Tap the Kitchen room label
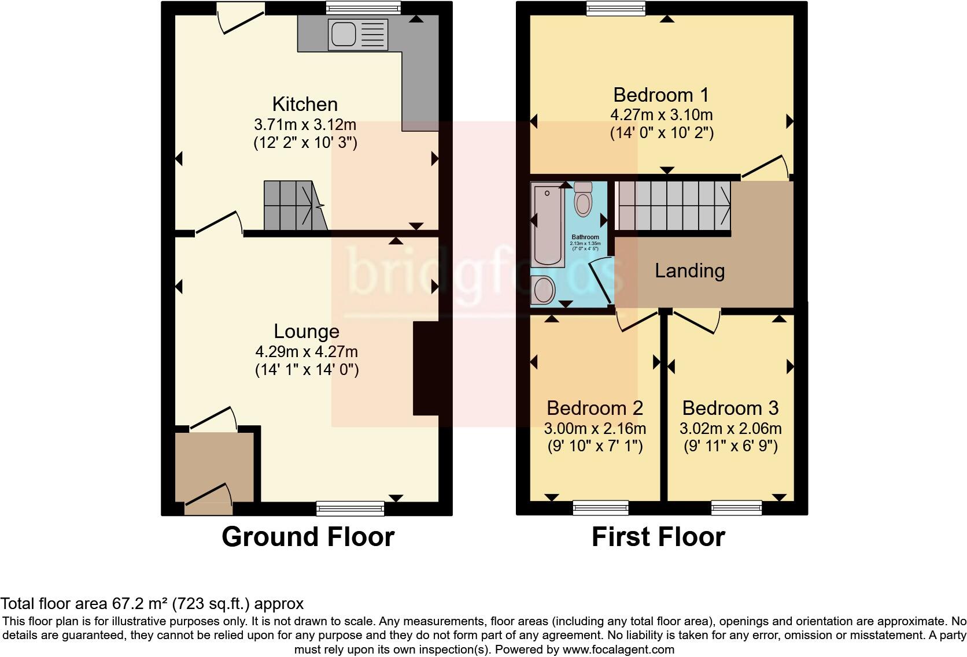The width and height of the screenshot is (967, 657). coord(305,105)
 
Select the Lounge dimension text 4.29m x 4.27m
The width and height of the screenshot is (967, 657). coord(307,351)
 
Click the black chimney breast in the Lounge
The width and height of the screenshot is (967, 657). coord(425,368)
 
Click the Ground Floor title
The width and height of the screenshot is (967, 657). coord(308,537)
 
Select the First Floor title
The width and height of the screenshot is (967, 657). coord(658,537)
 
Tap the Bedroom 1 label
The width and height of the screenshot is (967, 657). coord(661,95)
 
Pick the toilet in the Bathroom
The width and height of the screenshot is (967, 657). coord(583,199)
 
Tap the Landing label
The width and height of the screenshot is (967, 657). coord(689,271)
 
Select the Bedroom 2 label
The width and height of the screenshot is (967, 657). coord(595,409)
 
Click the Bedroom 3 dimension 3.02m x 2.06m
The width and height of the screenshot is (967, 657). coord(731,429)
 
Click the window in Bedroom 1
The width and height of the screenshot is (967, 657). coord(615,8)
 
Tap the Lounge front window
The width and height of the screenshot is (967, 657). coord(350,508)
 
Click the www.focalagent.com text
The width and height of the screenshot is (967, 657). coord(618,649)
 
